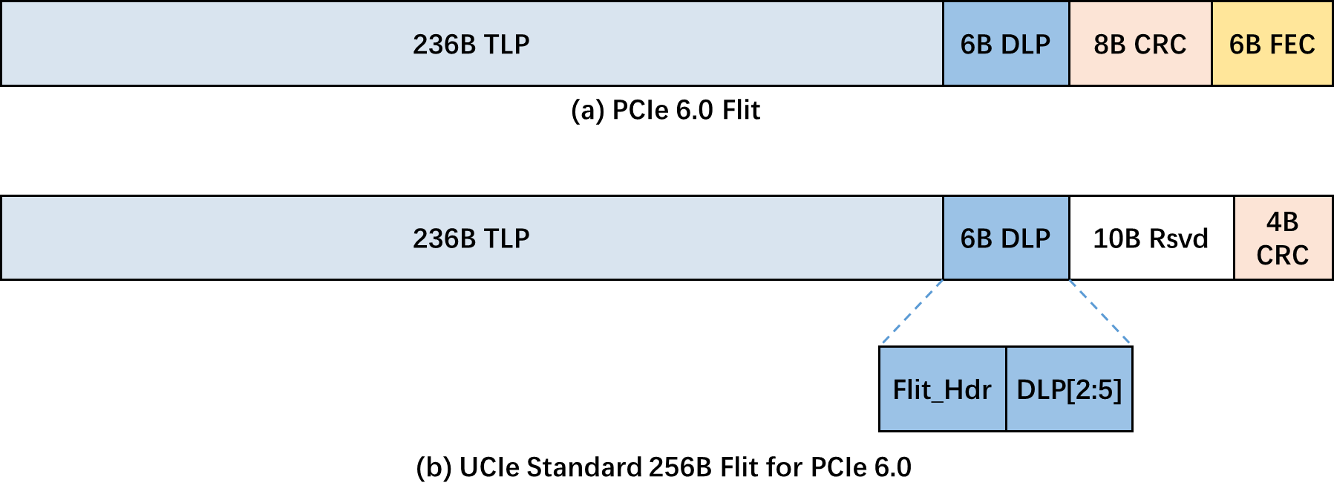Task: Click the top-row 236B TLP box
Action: (471, 44)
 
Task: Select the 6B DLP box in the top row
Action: (1006, 44)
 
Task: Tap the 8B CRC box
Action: (1140, 44)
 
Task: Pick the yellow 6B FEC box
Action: (1272, 44)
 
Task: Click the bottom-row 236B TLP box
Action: (471, 238)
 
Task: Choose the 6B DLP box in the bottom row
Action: (1006, 238)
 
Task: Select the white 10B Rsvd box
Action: (1151, 238)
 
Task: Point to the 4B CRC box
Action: (1283, 238)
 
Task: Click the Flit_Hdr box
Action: (942, 389)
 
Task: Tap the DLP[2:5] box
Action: (1069, 389)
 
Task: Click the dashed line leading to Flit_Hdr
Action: (912, 312)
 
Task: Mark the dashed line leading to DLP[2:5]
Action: (1099, 312)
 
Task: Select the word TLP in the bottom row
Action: (506, 238)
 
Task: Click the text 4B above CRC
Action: (1282, 221)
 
